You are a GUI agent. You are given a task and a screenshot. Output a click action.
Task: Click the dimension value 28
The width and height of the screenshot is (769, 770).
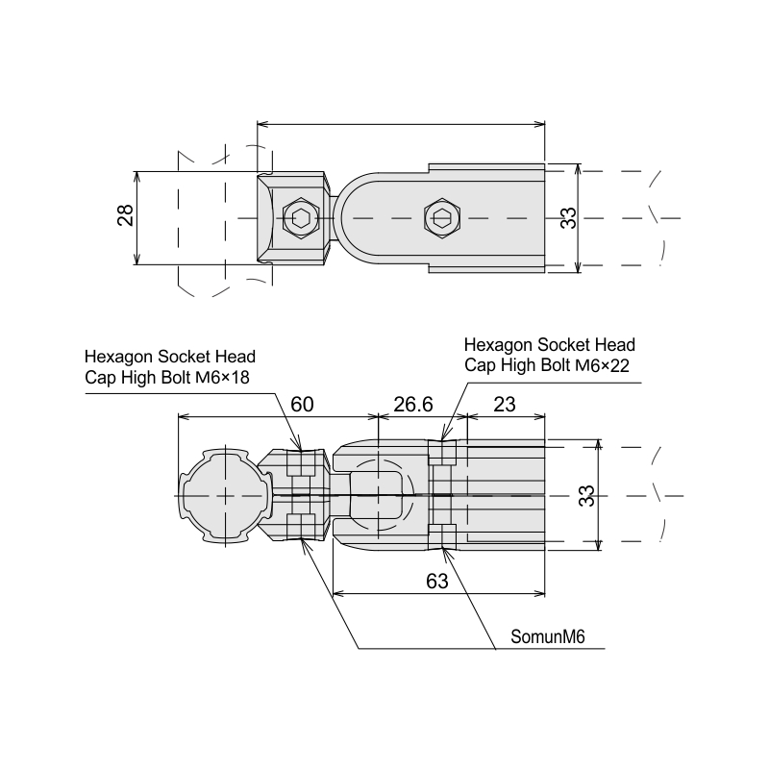[126, 214]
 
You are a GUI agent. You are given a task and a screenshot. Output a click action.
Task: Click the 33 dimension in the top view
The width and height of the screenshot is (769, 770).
[569, 218]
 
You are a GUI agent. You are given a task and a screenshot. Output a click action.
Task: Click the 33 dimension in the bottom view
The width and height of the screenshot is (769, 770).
[586, 496]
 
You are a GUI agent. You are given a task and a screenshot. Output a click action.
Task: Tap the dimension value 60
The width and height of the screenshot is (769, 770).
[302, 405]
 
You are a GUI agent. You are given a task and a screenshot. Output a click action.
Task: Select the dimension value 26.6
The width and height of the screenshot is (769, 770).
[413, 405]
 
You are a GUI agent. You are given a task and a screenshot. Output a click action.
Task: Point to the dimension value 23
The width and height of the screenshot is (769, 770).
[505, 405]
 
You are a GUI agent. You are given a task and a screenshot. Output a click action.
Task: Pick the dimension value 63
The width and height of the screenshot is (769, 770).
[437, 581]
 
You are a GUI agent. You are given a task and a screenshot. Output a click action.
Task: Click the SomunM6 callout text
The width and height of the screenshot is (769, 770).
[548, 637]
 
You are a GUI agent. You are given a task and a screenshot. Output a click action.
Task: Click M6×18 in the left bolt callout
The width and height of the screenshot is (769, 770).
[222, 378]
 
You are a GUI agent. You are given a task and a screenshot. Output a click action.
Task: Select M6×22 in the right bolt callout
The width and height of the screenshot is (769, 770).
[603, 366]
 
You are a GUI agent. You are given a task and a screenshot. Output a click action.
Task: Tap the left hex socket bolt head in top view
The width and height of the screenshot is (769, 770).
[301, 218]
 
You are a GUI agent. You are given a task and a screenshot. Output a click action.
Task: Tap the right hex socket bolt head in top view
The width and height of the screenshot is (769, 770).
[442, 218]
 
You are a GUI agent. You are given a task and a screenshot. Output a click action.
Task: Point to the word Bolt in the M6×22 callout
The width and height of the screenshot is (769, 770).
[557, 365]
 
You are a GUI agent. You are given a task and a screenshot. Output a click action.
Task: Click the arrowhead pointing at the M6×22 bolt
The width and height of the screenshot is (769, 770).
[443, 434]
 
